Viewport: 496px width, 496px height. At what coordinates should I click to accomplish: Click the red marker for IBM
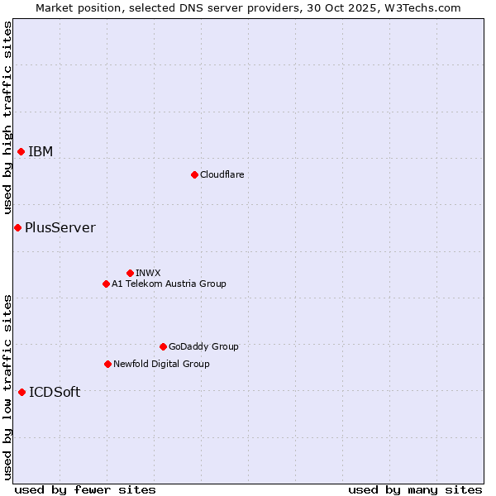21,151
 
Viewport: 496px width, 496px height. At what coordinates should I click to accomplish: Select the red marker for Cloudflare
194,174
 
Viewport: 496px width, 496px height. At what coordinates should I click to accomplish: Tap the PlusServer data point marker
17,227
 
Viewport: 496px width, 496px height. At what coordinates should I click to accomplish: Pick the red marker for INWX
130,273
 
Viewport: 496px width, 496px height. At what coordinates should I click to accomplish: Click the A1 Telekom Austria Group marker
106,284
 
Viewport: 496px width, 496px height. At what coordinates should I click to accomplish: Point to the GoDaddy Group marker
163,346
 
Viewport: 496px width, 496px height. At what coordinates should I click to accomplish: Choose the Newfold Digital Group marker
107,364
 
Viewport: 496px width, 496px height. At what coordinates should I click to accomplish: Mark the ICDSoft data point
21,392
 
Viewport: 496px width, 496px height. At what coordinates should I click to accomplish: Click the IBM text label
41,151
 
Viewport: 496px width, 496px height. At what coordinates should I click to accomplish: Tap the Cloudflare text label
222,174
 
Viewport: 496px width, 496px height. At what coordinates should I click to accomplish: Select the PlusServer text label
60,227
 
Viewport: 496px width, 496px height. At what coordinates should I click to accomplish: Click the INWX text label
148,273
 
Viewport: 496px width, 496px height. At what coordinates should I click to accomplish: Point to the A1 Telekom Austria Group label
169,284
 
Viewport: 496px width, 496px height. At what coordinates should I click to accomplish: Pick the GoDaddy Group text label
203,346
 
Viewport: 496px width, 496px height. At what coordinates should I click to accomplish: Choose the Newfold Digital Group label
161,364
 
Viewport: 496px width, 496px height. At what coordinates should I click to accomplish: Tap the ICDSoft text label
55,392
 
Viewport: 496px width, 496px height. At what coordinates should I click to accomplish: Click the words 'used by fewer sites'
85,489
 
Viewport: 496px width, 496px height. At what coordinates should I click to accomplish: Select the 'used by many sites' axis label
415,489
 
